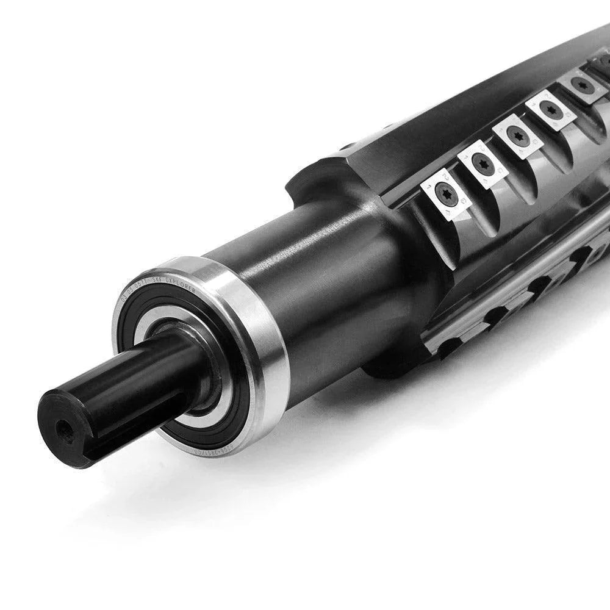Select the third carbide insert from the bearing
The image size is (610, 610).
click(517, 135)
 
